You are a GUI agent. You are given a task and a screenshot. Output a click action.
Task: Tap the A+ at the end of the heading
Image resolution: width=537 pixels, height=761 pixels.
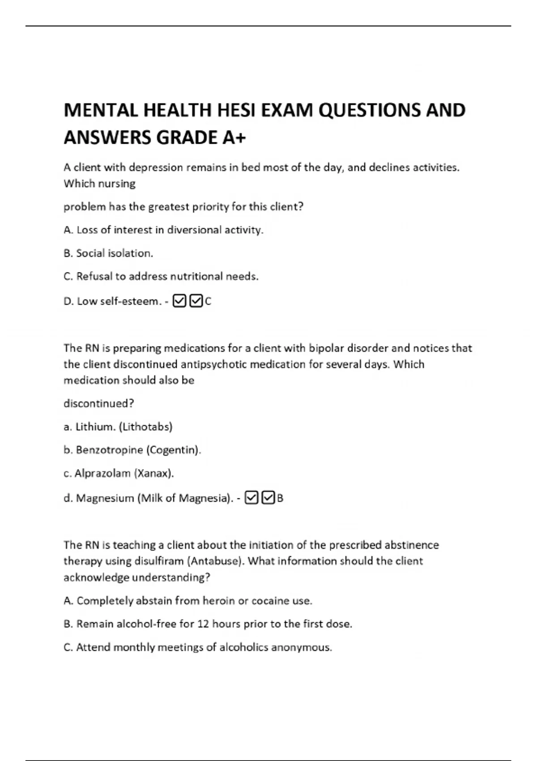pyautogui.click(x=234, y=137)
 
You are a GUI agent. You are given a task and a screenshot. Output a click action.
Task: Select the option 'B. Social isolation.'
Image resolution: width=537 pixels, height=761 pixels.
pyautogui.click(x=108, y=253)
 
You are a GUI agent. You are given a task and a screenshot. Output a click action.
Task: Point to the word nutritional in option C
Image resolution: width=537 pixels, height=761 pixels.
pyautogui.click(x=197, y=276)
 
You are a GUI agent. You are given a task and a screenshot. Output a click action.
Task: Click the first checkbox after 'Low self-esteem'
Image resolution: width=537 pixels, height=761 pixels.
pyautogui.click(x=179, y=301)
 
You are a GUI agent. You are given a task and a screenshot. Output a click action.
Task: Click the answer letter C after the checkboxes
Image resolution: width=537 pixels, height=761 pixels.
pyautogui.click(x=208, y=302)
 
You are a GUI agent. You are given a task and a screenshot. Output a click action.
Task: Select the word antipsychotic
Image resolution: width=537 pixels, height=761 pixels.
pyautogui.click(x=214, y=364)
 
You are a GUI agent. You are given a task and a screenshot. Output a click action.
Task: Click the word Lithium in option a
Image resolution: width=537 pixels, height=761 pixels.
pyautogui.click(x=95, y=427)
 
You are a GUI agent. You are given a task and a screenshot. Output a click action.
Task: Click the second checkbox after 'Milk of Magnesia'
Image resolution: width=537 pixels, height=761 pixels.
pyautogui.click(x=268, y=498)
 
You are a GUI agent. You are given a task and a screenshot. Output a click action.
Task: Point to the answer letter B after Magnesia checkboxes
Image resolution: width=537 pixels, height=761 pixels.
pyautogui.click(x=280, y=498)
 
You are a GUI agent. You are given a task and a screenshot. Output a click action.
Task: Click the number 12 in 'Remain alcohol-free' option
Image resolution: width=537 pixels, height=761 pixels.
pyautogui.click(x=203, y=624)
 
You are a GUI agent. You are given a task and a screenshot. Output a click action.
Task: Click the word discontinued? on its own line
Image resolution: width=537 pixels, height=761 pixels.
pyautogui.click(x=99, y=404)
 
